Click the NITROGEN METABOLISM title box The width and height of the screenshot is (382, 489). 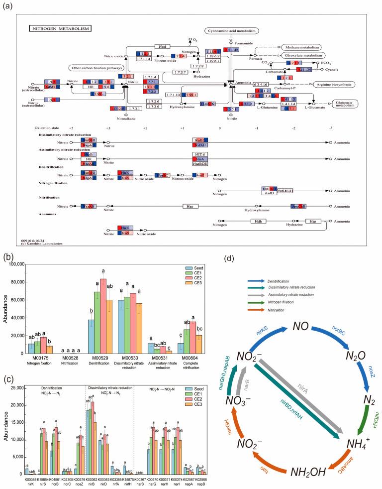point(60,29)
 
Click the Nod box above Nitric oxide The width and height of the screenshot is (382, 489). point(160,46)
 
